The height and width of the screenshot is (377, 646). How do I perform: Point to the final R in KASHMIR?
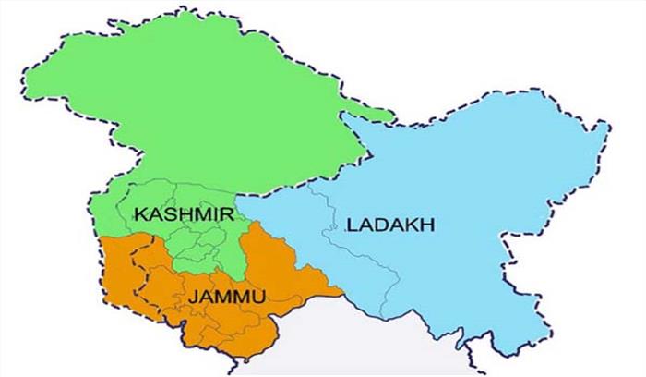226,214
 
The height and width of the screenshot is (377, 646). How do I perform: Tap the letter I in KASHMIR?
214,214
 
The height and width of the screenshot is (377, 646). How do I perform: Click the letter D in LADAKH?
378,225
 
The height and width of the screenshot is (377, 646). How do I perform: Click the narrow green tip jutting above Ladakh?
392,119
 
